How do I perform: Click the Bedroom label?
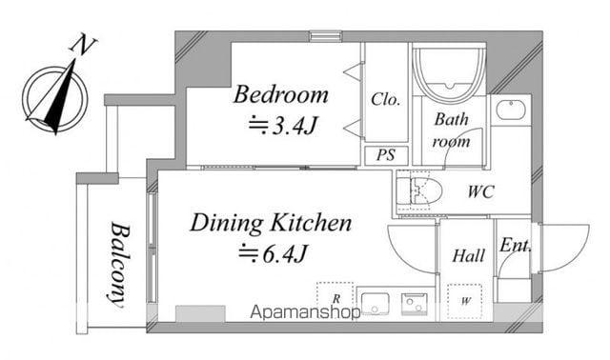281,94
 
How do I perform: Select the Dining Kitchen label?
271,223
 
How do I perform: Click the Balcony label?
118,265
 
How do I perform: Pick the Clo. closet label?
385,99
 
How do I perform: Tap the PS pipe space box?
386,155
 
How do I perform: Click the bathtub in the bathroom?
449,73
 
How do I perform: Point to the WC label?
480,191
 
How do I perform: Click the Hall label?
468,256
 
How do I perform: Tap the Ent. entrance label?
515,246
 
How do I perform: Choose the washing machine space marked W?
465,301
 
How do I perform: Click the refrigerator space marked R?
335,297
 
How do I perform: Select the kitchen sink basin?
375,304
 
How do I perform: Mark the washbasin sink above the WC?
511,110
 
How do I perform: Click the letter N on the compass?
83,45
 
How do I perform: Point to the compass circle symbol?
55,99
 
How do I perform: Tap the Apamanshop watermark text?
305,312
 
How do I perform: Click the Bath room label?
451,130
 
